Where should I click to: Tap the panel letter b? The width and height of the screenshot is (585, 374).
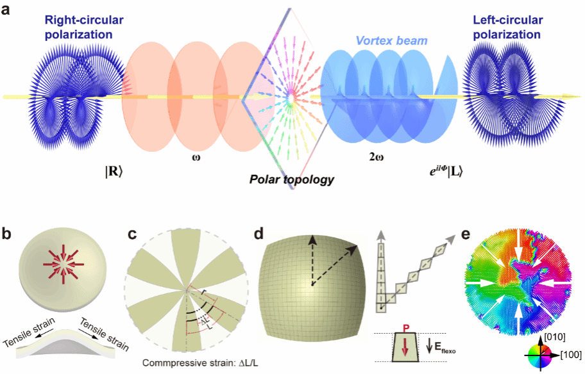pyautogui.click(x=7, y=234)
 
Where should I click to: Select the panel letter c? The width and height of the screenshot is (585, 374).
pyautogui.click(x=133, y=234)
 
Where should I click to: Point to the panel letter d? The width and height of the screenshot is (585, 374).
pyautogui.click(x=258, y=234)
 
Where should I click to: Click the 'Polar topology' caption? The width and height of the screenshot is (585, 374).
pyautogui.click(x=292, y=180)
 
